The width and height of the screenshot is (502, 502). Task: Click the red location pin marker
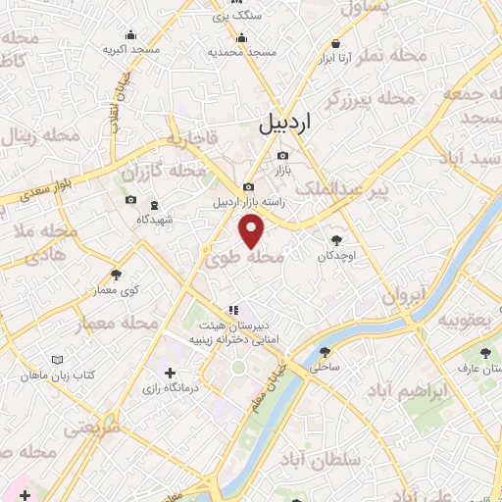point(252,230)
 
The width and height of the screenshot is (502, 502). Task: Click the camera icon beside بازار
point(283,155)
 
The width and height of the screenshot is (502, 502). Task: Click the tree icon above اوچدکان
point(336,239)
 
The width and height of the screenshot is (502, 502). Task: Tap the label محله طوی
point(245,258)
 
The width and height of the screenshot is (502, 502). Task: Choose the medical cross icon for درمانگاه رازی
point(171,373)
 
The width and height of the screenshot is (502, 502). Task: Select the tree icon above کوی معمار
point(117,275)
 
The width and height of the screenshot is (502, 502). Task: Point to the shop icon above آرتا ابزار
point(336,44)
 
